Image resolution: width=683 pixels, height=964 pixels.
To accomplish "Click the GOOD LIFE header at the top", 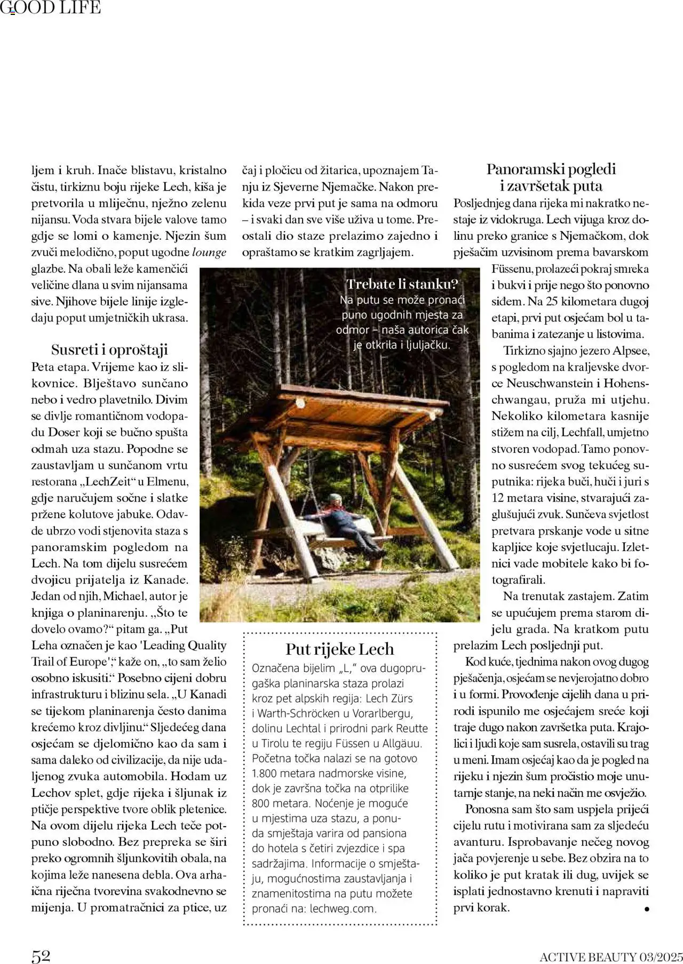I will (x=50, y=7).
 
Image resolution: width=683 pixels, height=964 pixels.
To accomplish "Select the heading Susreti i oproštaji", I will (x=109, y=350).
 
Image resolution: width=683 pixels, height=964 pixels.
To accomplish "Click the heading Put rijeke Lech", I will (x=340, y=649).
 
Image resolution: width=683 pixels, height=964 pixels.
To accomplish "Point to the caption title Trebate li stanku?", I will (x=402, y=284).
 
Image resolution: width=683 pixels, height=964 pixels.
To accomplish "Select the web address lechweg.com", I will (x=343, y=908).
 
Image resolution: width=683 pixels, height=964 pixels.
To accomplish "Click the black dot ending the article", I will (x=647, y=908).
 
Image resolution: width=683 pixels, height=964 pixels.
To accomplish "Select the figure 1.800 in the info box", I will (x=267, y=773).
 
